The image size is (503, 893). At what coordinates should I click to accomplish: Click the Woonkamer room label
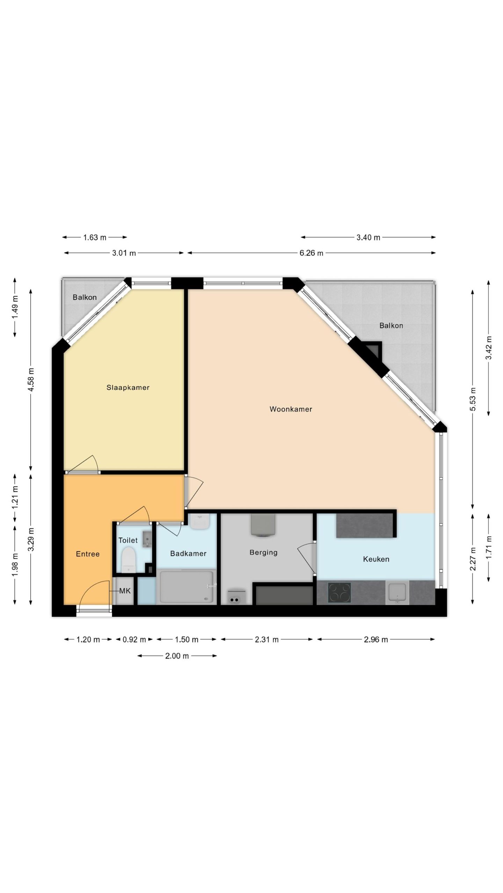[x=291, y=409]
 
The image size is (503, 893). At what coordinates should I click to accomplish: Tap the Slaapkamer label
[x=128, y=388]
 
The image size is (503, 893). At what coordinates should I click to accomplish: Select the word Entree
[x=88, y=554]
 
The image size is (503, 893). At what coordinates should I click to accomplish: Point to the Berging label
[x=263, y=553]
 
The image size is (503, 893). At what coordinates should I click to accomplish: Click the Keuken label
[x=376, y=559]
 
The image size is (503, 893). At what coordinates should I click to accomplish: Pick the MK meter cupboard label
[x=125, y=591]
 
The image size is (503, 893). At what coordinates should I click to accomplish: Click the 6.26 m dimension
[x=311, y=253]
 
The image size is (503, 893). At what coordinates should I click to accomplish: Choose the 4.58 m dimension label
[x=31, y=379]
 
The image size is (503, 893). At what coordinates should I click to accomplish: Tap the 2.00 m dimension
[x=177, y=656]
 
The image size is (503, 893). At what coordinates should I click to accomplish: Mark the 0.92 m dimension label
[x=134, y=640]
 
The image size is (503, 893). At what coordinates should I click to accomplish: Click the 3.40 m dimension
[x=368, y=238]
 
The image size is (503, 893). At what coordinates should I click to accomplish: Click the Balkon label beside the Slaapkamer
[x=85, y=297]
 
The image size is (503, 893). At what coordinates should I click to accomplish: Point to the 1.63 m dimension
[x=94, y=238]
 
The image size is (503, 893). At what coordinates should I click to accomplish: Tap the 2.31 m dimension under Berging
[x=267, y=640]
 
